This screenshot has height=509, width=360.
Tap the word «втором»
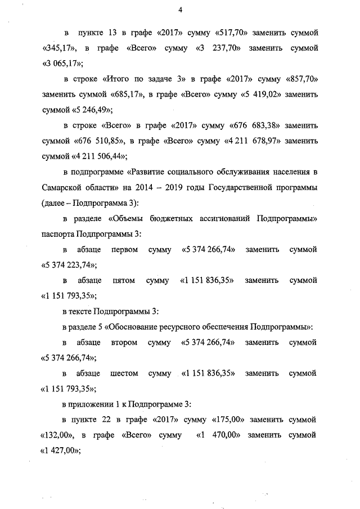tap(125, 342)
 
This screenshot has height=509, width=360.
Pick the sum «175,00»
tap(232, 420)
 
